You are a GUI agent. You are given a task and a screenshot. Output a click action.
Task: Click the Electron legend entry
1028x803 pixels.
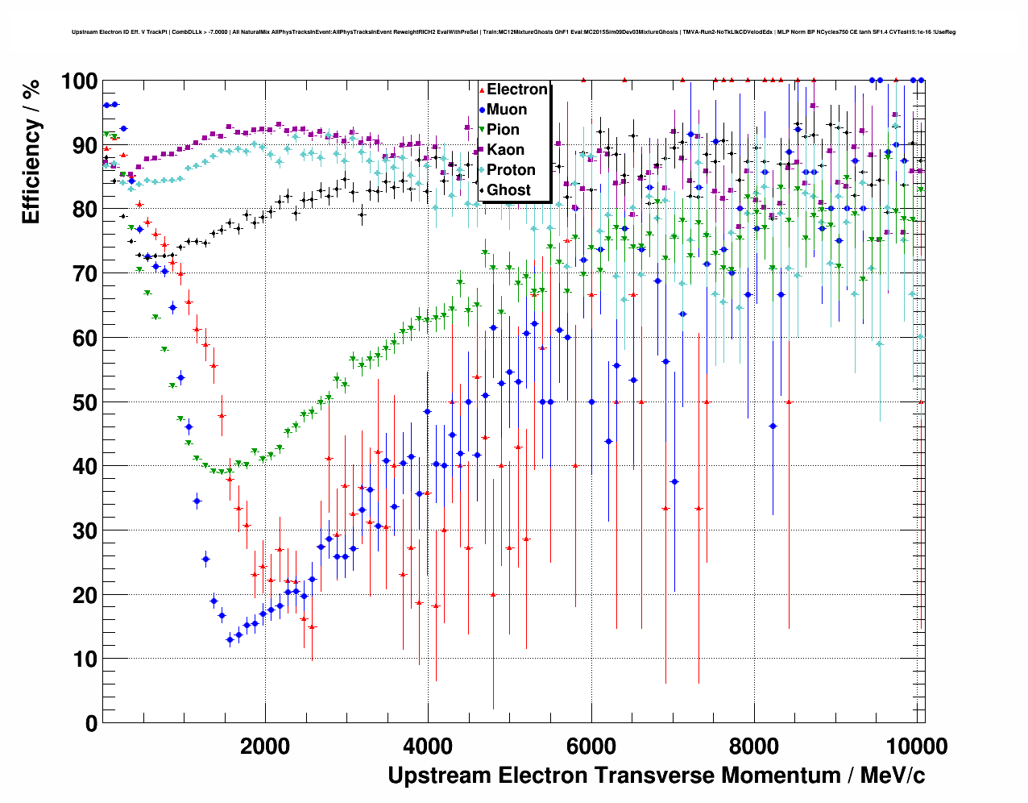pyautogui.click(x=516, y=89)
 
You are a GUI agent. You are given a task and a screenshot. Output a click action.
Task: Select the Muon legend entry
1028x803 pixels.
pyautogui.click(x=507, y=110)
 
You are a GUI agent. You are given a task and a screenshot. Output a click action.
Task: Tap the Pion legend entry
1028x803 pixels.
pyautogui.click(x=503, y=130)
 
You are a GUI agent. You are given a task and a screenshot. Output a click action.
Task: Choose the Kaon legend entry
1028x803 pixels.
pyautogui.click(x=505, y=150)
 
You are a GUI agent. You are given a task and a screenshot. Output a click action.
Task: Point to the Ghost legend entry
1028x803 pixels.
pyautogui.click(x=508, y=190)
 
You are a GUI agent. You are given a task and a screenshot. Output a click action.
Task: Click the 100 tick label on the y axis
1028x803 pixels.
pyautogui.click(x=79, y=81)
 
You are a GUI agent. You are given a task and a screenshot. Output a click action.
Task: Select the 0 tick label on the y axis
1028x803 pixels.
pyautogui.click(x=91, y=723)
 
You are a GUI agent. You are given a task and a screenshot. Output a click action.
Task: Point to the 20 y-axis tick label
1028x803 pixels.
pyautogui.click(x=85, y=595)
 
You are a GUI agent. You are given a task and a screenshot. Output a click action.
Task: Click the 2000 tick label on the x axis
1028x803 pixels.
pyautogui.click(x=265, y=746)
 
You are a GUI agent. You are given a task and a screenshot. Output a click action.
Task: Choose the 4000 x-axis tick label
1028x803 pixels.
pyautogui.click(x=428, y=746)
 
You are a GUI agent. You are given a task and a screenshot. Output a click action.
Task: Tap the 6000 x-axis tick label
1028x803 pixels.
pyautogui.click(x=591, y=746)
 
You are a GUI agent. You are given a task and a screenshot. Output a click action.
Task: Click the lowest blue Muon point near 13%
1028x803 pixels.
pyautogui.click(x=230, y=639)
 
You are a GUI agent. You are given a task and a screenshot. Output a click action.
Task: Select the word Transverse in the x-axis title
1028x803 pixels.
pyautogui.click(x=653, y=776)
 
